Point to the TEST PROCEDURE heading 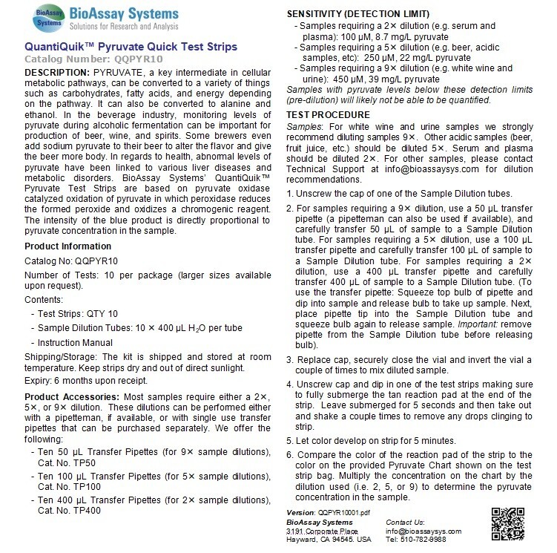pyautogui.click(x=328, y=114)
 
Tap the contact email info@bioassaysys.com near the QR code pyautogui.click(x=423, y=531)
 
